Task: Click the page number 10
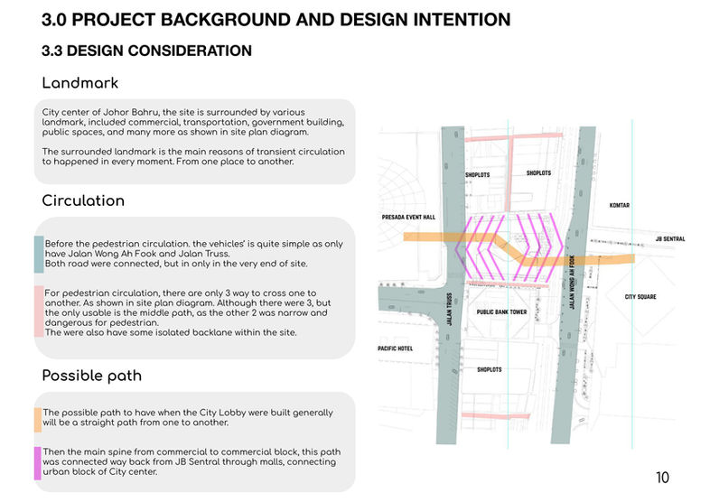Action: pos(663,477)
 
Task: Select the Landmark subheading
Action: pos(80,84)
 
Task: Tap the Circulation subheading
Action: pos(83,200)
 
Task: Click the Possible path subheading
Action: pos(91,375)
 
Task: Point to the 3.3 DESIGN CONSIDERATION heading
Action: pos(146,51)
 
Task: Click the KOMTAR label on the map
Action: pos(620,205)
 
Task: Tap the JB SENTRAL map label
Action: pos(668,238)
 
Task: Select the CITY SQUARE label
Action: pos(640,296)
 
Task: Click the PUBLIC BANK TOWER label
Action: pos(501,311)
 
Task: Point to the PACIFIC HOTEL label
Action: pos(396,349)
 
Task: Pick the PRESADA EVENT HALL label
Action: pos(408,218)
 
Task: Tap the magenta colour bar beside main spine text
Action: pos(38,461)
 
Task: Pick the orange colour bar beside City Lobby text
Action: pos(38,418)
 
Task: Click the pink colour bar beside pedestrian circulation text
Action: pos(38,311)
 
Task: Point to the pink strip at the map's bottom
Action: pos(494,416)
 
